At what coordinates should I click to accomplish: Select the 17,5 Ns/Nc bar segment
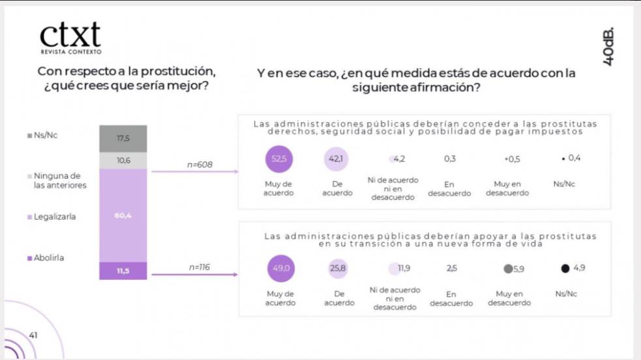(123, 138)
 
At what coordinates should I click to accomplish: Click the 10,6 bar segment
(123, 160)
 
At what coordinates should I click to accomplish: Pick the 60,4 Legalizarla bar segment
(123, 215)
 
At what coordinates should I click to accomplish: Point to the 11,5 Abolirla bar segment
(123, 271)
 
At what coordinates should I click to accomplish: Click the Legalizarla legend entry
(52, 217)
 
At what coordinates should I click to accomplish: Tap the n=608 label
(200, 165)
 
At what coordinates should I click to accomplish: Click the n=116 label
(200, 267)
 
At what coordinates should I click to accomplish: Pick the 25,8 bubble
(337, 267)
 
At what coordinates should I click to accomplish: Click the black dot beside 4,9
(565, 267)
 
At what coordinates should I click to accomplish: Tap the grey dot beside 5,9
(507, 268)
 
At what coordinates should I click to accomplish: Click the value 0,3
(449, 158)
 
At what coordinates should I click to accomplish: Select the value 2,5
(451, 267)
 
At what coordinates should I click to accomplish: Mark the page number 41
(33, 335)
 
